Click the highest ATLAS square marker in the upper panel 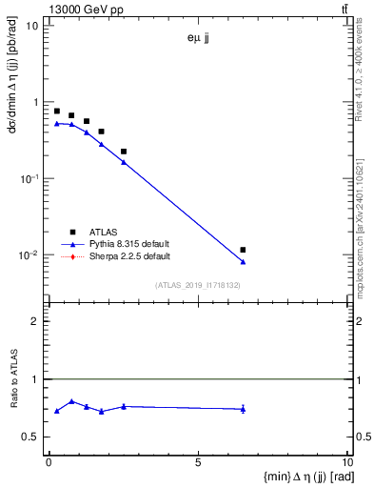pyautogui.click(x=57, y=112)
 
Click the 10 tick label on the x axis pyautogui.click(x=347, y=464)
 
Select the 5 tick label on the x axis pyautogui.click(x=198, y=464)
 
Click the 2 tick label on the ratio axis pyautogui.click(x=36, y=321)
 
